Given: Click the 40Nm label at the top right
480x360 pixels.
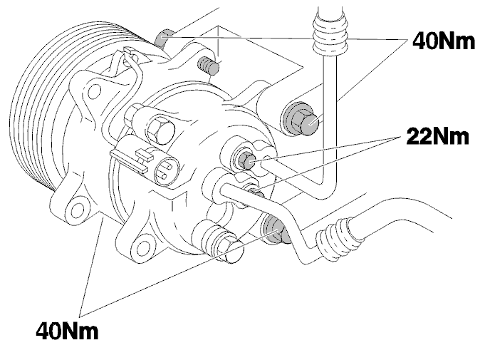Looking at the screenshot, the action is coord(444,41).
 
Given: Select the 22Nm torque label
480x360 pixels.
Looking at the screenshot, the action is coord(437,136).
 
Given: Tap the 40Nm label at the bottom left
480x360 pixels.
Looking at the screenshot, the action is coord(67,331).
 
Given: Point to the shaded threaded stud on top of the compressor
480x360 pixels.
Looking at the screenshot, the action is coord(208,66).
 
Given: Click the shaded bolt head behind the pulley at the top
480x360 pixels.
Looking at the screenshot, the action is coord(163,38).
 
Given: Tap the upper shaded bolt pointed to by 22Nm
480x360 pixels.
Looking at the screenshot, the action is coord(246,159).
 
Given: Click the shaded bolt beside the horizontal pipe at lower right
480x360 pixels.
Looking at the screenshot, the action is coord(276,230).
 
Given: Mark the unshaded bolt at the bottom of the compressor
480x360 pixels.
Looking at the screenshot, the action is coord(228,248).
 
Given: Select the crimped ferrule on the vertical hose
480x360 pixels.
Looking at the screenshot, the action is coord(330,35).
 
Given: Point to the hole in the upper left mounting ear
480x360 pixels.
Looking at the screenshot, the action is coord(94,90).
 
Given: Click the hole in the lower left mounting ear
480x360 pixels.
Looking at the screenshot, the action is coord(77,210).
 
